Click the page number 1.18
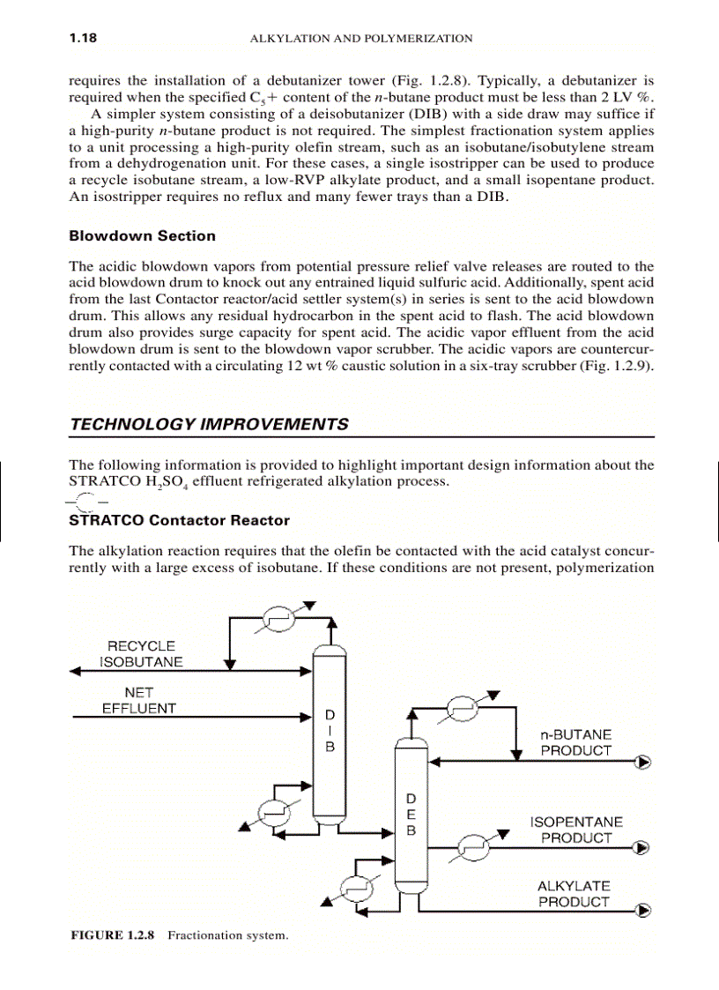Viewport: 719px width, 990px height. point(83,38)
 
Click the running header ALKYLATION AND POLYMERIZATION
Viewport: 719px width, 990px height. point(361,39)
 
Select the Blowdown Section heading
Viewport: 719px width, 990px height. point(142,235)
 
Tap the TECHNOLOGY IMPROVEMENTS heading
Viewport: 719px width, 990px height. point(209,424)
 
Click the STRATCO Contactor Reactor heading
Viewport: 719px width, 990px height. point(179,520)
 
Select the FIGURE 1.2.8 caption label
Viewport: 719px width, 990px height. point(113,934)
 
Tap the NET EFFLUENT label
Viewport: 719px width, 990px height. point(139,700)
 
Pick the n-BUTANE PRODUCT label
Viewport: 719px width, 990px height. point(575,742)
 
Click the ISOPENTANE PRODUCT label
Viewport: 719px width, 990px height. point(575,830)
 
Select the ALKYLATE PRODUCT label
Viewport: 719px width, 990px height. point(574,894)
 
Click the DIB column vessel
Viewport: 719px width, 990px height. point(329,732)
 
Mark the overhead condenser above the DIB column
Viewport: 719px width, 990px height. point(283,620)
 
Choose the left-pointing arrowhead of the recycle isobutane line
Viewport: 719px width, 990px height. point(77,672)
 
